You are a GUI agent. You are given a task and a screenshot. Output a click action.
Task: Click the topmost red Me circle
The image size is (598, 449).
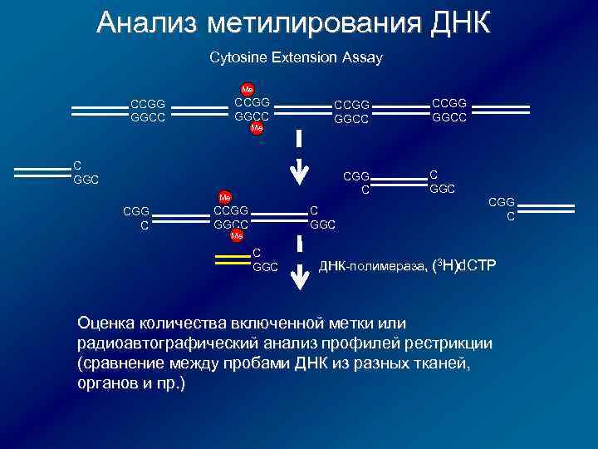(247, 89)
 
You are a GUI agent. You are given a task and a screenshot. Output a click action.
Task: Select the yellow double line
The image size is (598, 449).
(232, 260)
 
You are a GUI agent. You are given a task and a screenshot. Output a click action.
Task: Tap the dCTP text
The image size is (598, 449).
(479, 266)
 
